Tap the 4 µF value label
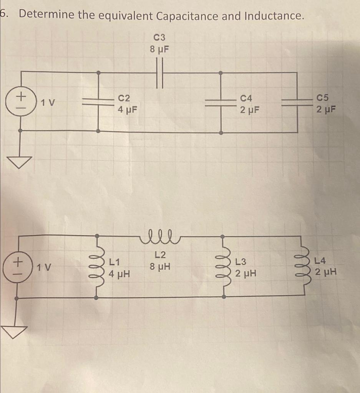point(128,110)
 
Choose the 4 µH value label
point(119,274)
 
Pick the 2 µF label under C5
point(326,110)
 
